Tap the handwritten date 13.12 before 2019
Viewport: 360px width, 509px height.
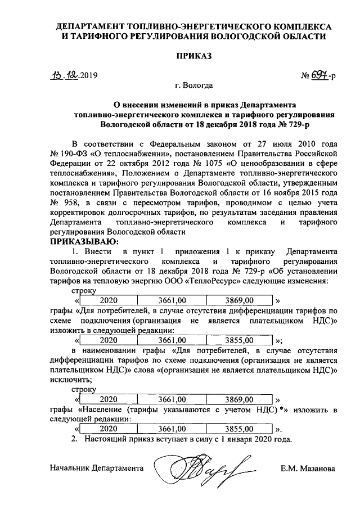tap(64, 75)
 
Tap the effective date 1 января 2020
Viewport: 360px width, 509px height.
tap(256, 439)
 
